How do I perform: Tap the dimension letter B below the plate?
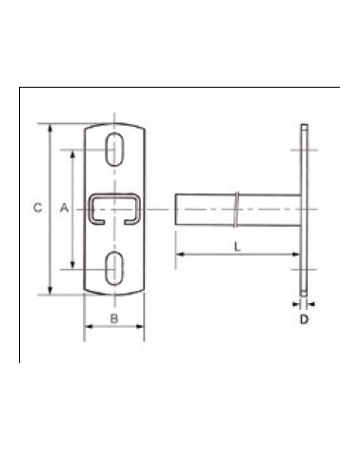(113, 317)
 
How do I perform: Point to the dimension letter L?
(235, 245)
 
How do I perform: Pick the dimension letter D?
(304, 319)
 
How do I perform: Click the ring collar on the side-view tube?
(238, 209)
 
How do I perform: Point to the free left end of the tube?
(176, 209)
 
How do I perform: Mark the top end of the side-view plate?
(304, 128)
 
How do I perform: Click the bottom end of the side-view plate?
(304, 290)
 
